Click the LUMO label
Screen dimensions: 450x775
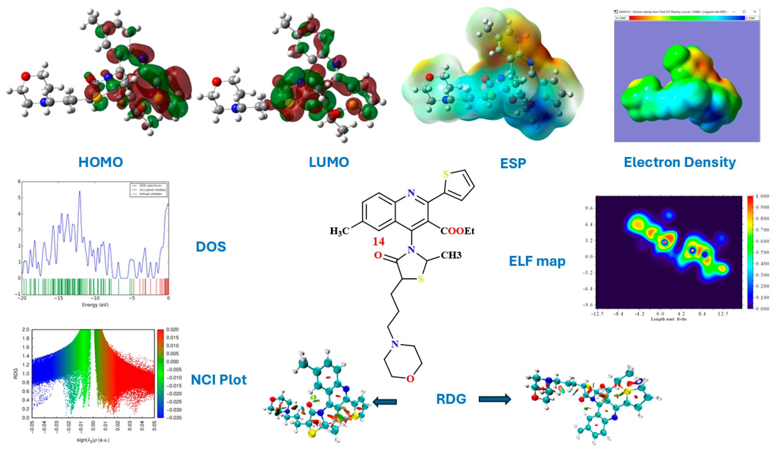click(x=329, y=162)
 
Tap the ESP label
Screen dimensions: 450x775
click(x=513, y=163)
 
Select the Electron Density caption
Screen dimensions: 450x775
click(x=680, y=162)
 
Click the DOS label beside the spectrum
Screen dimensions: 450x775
click(x=211, y=247)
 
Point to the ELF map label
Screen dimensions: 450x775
click(x=537, y=261)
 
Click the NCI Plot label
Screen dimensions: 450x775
click(x=219, y=380)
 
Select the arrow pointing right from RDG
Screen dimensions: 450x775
click(x=495, y=399)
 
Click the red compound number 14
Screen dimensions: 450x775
click(x=379, y=242)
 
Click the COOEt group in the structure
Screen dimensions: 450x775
click(x=457, y=231)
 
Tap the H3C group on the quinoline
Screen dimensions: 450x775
click(x=340, y=231)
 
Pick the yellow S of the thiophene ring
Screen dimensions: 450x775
click(x=446, y=175)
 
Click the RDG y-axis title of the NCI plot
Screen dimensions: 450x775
click(x=16, y=373)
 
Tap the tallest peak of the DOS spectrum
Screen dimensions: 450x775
click(x=80, y=191)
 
